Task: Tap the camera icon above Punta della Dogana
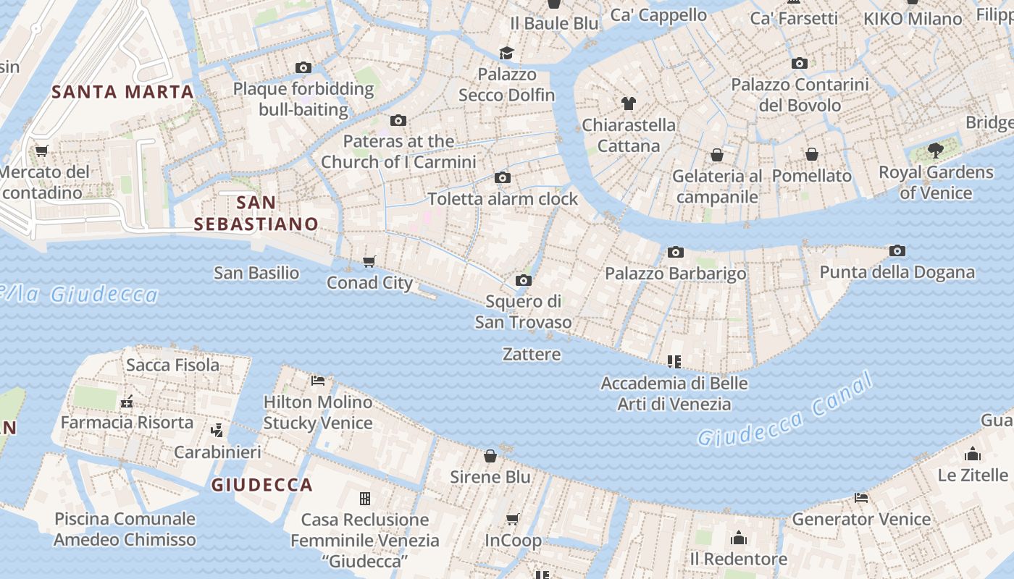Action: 897,251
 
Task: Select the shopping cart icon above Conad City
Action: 369,261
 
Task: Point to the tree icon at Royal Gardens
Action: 936,151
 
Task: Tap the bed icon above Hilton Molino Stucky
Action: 317,380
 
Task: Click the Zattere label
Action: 532,354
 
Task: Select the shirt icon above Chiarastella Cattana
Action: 628,103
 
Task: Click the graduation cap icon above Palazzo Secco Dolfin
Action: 506,53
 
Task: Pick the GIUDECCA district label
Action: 262,485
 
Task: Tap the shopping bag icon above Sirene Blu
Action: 490,455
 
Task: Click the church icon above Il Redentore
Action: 739,538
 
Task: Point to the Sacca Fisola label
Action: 172,365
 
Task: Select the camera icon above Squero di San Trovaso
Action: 523,280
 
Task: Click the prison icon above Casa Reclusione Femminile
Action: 365,498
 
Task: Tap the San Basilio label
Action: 256,273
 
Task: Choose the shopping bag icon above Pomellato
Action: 812,154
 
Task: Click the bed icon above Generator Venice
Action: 861,498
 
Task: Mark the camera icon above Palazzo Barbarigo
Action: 676,252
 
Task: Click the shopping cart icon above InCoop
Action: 513,519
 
